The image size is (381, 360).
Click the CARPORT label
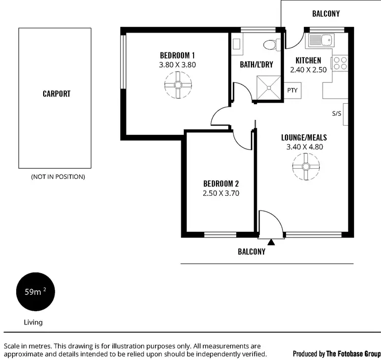pos(56,94)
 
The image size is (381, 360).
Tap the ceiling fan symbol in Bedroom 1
pos(178,84)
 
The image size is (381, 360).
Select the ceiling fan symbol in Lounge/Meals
pos(306,166)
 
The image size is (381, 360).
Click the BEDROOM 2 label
pos(220,184)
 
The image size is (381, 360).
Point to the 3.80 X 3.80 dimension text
pos(177,65)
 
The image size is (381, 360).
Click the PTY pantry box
pos(292,90)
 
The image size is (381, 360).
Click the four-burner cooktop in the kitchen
pos(340,64)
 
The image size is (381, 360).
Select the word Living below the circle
pos(34,322)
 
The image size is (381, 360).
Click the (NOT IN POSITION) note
pos(58,177)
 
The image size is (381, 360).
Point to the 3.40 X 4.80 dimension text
pos(305,147)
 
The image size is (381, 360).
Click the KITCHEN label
pos(308,61)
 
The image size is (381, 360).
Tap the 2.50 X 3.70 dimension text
pos(220,193)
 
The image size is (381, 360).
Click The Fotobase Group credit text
pos(353,353)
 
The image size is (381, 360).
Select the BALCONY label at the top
pos(326,14)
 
